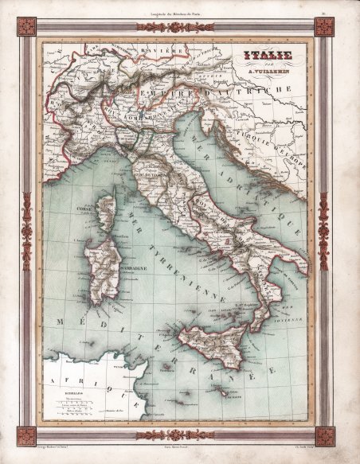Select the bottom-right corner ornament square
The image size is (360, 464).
324,435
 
